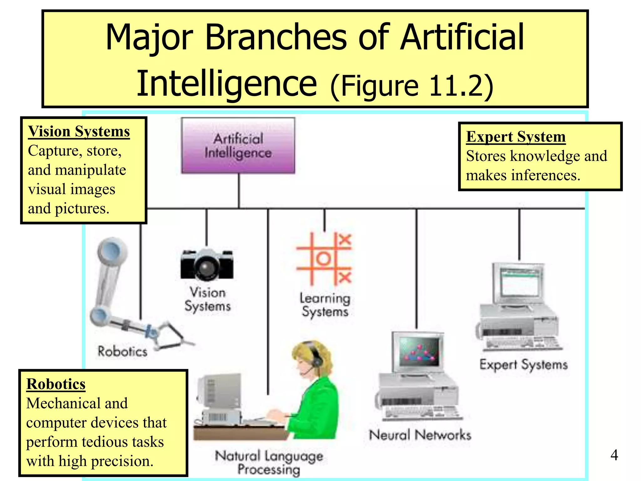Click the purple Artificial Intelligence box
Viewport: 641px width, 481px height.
(x=238, y=146)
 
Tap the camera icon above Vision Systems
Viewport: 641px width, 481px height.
(x=207, y=265)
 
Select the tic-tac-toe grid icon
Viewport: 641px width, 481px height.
(x=324, y=259)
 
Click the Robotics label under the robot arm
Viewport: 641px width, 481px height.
(x=122, y=351)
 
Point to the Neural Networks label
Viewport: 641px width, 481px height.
(x=420, y=435)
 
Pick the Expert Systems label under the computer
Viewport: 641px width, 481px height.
(x=523, y=365)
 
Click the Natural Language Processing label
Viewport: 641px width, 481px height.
(x=269, y=463)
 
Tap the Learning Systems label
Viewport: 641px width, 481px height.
(x=325, y=305)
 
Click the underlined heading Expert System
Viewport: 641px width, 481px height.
(x=515, y=137)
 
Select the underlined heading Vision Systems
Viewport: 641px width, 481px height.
(x=79, y=132)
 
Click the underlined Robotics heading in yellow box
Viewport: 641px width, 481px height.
(x=56, y=384)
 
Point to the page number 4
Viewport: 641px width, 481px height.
(x=614, y=455)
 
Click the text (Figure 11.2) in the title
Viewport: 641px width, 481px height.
(x=412, y=86)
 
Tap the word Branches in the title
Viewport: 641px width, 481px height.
(x=275, y=38)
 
